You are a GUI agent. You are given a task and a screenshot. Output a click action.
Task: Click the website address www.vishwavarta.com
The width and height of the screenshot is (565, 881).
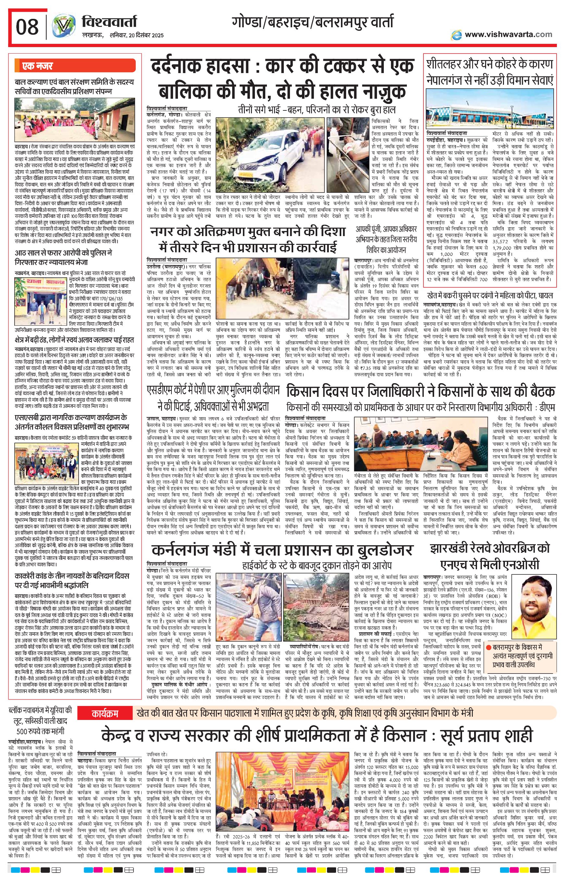coord(508,34)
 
